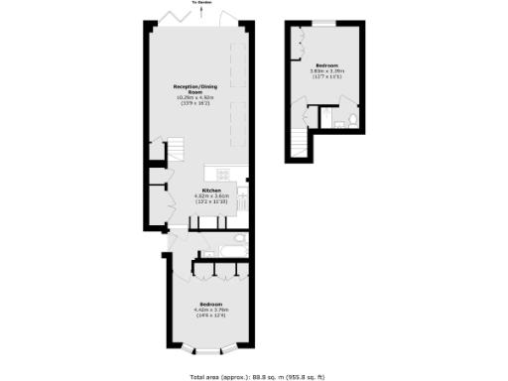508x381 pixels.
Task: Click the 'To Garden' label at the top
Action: (x=204, y=3)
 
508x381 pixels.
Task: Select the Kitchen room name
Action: (x=210, y=190)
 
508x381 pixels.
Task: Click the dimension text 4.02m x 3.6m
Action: (x=210, y=196)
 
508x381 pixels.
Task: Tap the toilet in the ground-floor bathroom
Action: (x=239, y=239)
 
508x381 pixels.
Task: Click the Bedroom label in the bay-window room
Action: (x=210, y=303)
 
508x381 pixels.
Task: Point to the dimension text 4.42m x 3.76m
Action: (x=210, y=310)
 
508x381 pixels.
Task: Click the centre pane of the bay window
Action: (x=209, y=351)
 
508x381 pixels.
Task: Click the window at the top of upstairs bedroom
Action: (x=323, y=21)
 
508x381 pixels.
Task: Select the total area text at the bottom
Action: (x=254, y=375)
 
